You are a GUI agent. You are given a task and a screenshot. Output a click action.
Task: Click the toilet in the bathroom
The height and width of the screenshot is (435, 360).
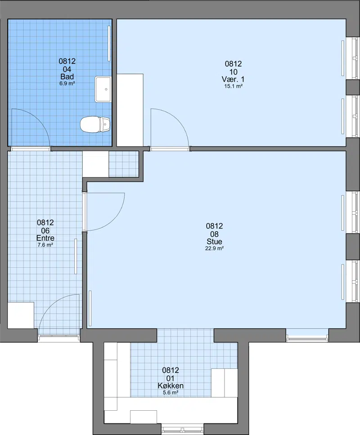(x=95, y=125)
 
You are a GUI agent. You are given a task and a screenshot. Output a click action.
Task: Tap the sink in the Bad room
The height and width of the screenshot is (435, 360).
(x=103, y=90)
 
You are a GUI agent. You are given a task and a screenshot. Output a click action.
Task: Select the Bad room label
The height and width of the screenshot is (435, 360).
(x=67, y=76)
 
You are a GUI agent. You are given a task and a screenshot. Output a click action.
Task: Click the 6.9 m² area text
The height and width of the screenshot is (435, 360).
(x=67, y=83)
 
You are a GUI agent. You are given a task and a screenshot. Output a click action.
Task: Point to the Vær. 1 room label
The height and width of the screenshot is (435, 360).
(x=233, y=79)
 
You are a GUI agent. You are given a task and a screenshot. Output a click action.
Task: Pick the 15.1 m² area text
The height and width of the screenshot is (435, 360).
(x=233, y=86)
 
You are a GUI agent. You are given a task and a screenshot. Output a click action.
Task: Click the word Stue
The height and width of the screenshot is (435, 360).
(x=214, y=242)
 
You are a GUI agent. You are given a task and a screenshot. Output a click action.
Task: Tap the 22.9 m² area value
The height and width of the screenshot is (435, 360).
(x=214, y=248)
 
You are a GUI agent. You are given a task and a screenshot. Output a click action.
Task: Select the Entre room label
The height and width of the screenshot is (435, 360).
(x=45, y=238)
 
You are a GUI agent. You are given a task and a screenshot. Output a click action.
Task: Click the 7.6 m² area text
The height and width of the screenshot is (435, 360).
(x=45, y=245)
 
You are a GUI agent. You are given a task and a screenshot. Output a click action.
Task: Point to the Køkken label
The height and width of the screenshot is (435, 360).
(x=171, y=386)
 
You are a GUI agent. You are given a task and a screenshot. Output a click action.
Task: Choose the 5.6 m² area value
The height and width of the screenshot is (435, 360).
(x=171, y=393)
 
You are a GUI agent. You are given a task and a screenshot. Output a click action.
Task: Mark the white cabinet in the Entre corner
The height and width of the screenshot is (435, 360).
(x=21, y=315)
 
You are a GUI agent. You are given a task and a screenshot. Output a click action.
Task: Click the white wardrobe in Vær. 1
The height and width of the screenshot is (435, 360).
(x=130, y=110)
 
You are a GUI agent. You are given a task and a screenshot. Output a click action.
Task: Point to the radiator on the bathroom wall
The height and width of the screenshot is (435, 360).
(x=109, y=44)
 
